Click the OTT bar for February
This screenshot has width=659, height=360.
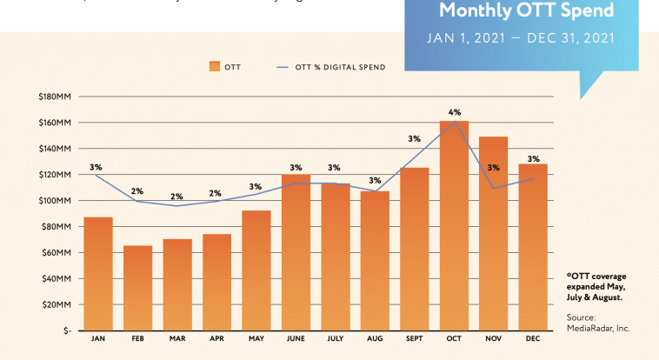137,288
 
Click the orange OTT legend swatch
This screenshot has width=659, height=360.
215,66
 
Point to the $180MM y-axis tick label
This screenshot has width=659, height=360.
55,97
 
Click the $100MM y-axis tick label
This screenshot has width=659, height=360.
55,201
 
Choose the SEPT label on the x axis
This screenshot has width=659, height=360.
413,338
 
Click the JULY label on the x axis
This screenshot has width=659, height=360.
334,338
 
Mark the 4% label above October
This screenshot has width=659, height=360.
455,112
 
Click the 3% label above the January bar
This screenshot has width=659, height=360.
96,167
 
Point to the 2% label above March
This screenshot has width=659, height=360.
176,197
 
